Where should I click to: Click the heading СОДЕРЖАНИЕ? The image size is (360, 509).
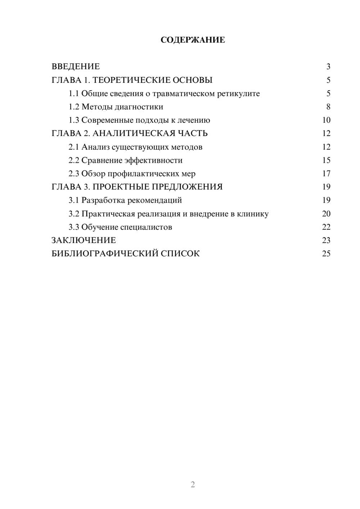[x=193, y=40]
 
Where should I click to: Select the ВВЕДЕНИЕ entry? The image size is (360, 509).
[x=76, y=67]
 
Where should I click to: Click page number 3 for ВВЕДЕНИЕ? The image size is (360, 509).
[x=328, y=67]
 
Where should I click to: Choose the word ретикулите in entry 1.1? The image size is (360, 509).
[x=238, y=94]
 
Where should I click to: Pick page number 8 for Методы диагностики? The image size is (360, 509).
[x=328, y=107]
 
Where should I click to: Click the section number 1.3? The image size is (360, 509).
[x=74, y=120]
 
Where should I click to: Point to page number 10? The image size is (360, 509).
[x=326, y=120]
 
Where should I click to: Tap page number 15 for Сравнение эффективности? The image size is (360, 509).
[x=326, y=160]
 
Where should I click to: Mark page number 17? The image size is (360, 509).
[x=326, y=174]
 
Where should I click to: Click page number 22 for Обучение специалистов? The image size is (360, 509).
[x=326, y=227]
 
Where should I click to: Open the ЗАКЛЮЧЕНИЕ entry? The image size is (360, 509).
[x=84, y=240]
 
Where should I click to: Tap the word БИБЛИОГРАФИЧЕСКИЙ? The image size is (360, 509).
[x=105, y=254]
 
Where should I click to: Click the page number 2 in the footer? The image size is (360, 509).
[x=193, y=485]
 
